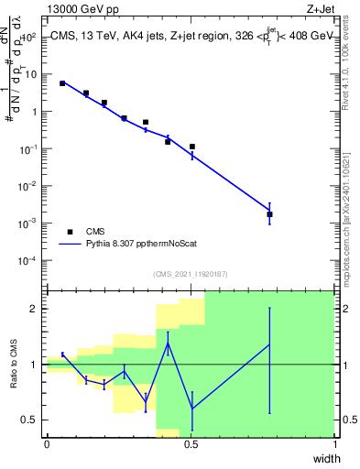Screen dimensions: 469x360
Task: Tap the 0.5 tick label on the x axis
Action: coord(191,444)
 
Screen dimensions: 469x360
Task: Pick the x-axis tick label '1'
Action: coord(336,444)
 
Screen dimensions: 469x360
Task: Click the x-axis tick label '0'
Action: coord(47,444)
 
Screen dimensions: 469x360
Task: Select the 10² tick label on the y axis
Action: coord(29,38)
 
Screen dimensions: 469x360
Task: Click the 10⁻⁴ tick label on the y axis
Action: coord(28,260)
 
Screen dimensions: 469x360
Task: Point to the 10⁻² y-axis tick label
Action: coord(28,186)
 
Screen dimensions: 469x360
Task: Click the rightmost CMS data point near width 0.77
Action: coord(269,214)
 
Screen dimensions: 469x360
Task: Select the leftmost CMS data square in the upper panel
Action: coord(62,83)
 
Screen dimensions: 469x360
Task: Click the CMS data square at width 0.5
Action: coord(192,147)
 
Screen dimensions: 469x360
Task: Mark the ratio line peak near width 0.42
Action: coord(168,344)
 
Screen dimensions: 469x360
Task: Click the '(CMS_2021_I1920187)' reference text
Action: coord(191,272)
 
